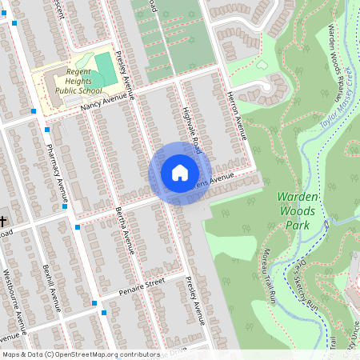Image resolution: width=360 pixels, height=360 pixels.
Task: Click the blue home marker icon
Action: (x=180, y=173)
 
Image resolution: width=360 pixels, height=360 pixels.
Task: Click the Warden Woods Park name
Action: (x=298, y=210)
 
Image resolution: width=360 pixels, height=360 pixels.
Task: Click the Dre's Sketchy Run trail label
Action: (x=302, y=283)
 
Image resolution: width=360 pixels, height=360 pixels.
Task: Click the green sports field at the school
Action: (x=105, y=67)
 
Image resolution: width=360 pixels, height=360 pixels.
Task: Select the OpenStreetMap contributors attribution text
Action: (x=80, y=354)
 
